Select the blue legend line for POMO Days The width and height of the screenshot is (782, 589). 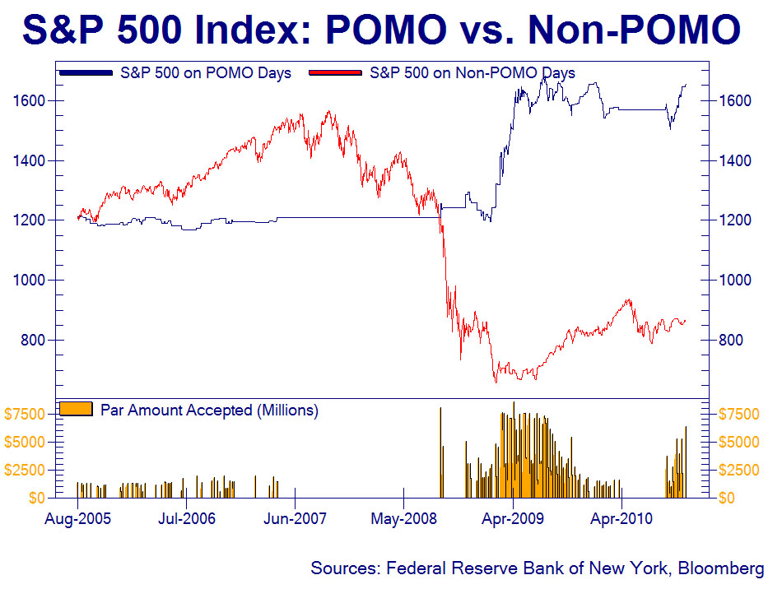tap(85, 73)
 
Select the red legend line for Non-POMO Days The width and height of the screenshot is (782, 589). tap(335, 73)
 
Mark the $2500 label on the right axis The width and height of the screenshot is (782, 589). tap(740, 470)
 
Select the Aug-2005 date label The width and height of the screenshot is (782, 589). tap(77, 518)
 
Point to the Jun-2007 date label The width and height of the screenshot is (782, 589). tap(295, 518)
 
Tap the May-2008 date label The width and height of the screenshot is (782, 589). tap(403, 518)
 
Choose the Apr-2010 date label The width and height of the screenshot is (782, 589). tap(621, 518)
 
